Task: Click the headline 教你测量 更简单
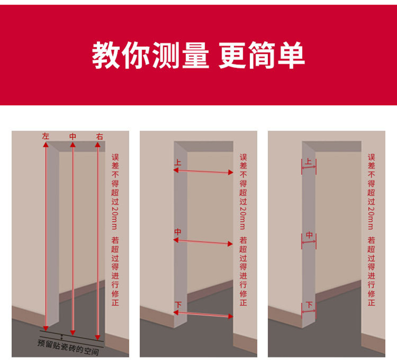click(x=198, y=55)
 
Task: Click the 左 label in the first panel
click(x=46, y=136)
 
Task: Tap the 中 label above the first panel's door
click(x=73, y=136)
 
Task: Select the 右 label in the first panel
click(x=100, y=136)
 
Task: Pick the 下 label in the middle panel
click(x=178, y=305)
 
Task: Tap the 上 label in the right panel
click(x=309, y=162)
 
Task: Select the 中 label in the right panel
click(x=309, y=235)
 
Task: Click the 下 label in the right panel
click(x=309, y=305)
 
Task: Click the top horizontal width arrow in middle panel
click(x=204, y=171)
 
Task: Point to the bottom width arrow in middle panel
click(x=204, y=315)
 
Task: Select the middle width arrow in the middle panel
click(x=204, y=242)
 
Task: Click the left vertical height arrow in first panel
click(x=46, y=236)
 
